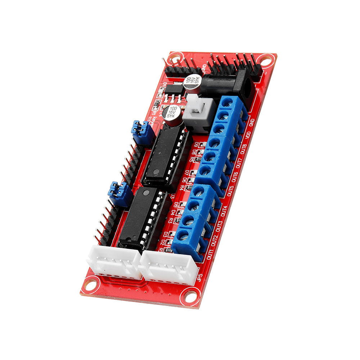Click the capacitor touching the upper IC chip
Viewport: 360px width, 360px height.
click(x=172, y=114)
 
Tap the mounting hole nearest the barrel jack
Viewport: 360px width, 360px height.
click(x=266, y=60)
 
